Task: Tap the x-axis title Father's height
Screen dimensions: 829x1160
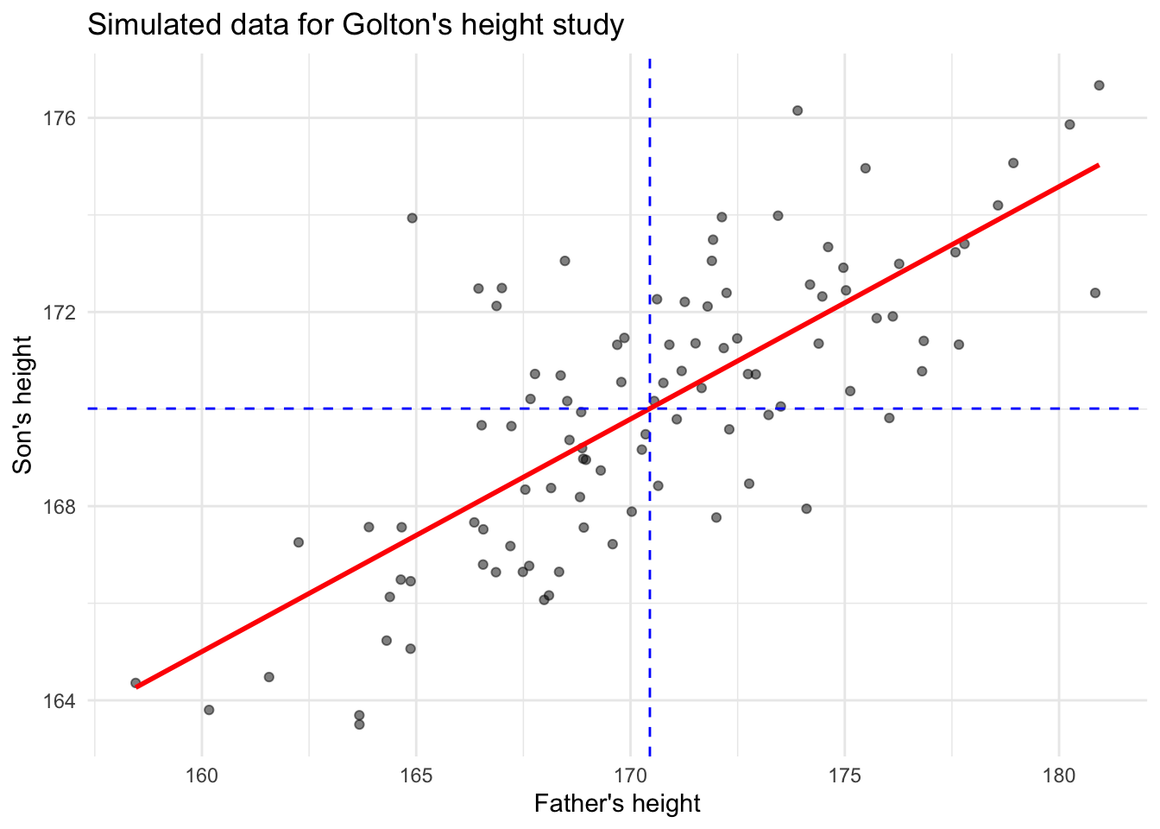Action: tap(617, 804)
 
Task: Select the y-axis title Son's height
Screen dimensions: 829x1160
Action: tap(23, 404)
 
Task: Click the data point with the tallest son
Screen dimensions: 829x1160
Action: tap(1099, 85)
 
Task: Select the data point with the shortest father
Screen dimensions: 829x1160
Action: tap(136, 683)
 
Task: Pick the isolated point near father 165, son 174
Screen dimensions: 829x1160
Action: tap(412, 218)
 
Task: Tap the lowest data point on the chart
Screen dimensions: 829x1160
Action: tap(359, 725)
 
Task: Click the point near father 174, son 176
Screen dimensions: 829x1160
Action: tap(797, 111)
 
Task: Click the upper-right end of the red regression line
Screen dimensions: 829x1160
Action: tap(1097, 165)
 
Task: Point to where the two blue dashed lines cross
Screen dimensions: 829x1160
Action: tap(650, 408)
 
